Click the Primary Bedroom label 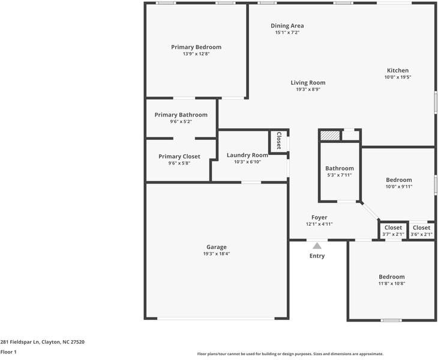[196, 47]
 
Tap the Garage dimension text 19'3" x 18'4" [217, 254]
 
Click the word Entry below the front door [317, 256]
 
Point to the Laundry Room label [247, 155]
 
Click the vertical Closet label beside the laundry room [278, 141]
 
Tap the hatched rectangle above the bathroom [329, 136]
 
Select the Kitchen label [397, 70]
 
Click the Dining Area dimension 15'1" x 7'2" [287, 32]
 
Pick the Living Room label [308, 83]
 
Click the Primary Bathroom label [181, 115]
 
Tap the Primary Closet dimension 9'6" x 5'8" [179, 163]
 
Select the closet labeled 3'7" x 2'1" [393, 230]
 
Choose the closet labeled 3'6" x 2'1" [421, 230]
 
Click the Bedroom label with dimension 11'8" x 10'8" [391, 277]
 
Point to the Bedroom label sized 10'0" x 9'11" [398, 180]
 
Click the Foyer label [319, 217]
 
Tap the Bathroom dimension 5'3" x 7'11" [339, 175]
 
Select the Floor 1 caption [8, 352]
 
